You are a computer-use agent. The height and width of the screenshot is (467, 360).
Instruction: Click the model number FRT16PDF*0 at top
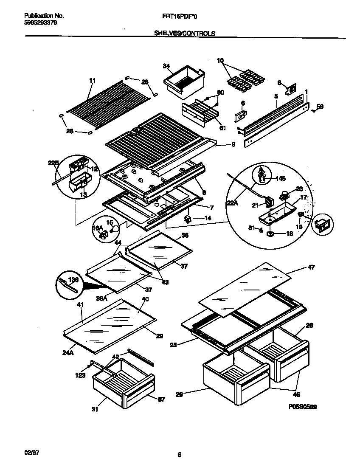pos(186,16)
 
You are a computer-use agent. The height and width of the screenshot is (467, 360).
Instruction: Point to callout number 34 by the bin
pos(166,66)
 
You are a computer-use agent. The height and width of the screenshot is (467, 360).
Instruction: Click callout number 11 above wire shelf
pos(92,80)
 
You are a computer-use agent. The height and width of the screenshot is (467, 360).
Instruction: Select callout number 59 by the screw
pos(320,107)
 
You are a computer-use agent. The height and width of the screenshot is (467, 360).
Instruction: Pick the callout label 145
pos(281,178)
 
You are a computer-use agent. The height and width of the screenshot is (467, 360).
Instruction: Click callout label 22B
pos(53,163)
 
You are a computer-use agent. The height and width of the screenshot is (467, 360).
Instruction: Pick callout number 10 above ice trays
pos(220,60)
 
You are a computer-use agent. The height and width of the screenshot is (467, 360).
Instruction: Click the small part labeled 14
pos(187,219)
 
